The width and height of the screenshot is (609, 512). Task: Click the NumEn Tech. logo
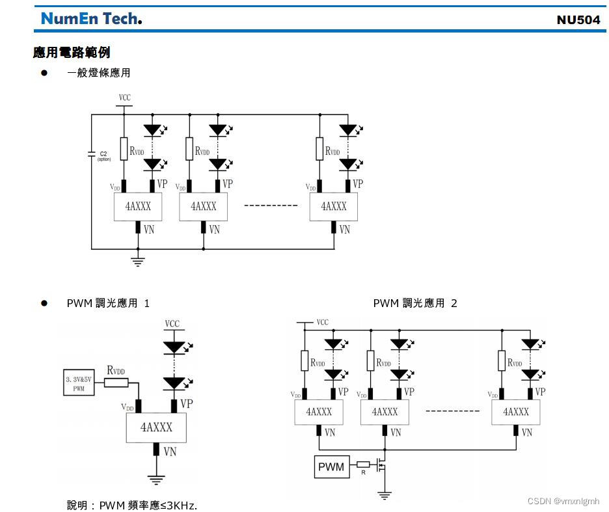[91, 18]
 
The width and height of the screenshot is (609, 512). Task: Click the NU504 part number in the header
[578, 20]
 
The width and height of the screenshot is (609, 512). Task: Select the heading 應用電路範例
[72, 52]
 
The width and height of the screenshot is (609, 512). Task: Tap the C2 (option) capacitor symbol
[92, 154]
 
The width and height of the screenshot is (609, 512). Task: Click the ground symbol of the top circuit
[138, 261]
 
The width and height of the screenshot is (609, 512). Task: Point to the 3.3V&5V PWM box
[78, 383]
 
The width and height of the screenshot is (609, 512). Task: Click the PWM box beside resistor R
[331, 466]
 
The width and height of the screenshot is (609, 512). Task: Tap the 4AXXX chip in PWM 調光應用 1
[156, 427]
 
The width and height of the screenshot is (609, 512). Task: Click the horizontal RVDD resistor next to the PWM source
[116, 383]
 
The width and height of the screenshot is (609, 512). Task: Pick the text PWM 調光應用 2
[415, 303]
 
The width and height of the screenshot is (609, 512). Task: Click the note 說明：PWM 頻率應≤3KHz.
[131, 505]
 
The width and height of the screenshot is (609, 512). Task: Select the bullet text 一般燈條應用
[98, 73]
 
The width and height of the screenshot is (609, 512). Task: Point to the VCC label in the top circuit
[124, 98]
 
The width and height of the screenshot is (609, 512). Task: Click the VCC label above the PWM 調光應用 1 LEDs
[172, 324]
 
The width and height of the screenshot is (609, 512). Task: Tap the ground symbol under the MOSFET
[385, 495]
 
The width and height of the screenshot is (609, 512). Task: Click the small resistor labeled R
[363, 465]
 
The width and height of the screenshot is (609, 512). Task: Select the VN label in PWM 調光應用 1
[170, 451]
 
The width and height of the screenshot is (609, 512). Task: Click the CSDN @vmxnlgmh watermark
[563, 501]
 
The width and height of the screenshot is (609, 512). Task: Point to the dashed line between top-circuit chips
[271, 206]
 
